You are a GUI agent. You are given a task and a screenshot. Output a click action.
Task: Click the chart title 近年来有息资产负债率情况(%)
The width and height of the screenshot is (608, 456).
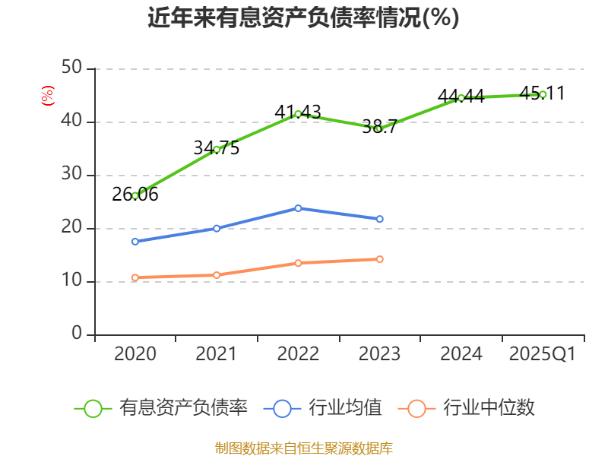[x=303, y=17]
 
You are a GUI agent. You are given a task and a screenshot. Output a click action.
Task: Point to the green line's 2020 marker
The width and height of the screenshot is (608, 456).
[x=135, y=195]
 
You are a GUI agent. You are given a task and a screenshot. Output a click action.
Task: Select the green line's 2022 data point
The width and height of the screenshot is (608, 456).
[x=298, y=114]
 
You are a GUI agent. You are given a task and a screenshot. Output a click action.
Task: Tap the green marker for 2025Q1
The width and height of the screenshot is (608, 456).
[x=543, y=94]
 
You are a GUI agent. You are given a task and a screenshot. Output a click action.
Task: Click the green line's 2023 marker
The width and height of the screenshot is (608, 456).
[x=379, y=128]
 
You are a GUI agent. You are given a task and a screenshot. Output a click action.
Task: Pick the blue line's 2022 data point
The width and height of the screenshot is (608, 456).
[x=298, y=208]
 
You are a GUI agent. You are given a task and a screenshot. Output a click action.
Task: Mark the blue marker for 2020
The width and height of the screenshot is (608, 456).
[x=135, y=242]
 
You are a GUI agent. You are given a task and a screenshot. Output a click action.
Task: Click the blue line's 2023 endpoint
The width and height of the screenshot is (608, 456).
[x=379, y=219]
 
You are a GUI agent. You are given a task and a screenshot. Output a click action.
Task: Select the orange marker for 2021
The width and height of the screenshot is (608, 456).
[x=217, y=275]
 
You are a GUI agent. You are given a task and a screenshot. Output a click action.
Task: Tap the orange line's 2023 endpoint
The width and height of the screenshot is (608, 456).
[x=379, y=259]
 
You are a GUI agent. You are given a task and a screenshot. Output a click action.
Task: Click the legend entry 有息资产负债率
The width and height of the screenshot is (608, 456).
[x=161, y=408]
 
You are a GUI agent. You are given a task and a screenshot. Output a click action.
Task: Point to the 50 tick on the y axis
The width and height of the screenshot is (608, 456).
[x=71, y=68]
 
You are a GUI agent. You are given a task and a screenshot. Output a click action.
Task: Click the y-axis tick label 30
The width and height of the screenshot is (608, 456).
[x=71, y=175]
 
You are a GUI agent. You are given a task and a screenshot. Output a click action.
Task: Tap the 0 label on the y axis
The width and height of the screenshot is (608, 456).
[x=77, y=334]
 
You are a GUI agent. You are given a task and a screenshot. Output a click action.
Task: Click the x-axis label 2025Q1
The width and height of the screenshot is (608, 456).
[x=542, y=354]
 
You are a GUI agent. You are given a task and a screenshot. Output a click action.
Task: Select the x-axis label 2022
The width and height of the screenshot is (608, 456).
[x=298, y=354]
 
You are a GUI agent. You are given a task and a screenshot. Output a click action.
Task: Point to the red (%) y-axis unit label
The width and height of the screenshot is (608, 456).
[x=48, y=96]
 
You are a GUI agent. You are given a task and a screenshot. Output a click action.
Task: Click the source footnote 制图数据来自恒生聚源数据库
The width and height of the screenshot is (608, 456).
[x=303, y=448]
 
